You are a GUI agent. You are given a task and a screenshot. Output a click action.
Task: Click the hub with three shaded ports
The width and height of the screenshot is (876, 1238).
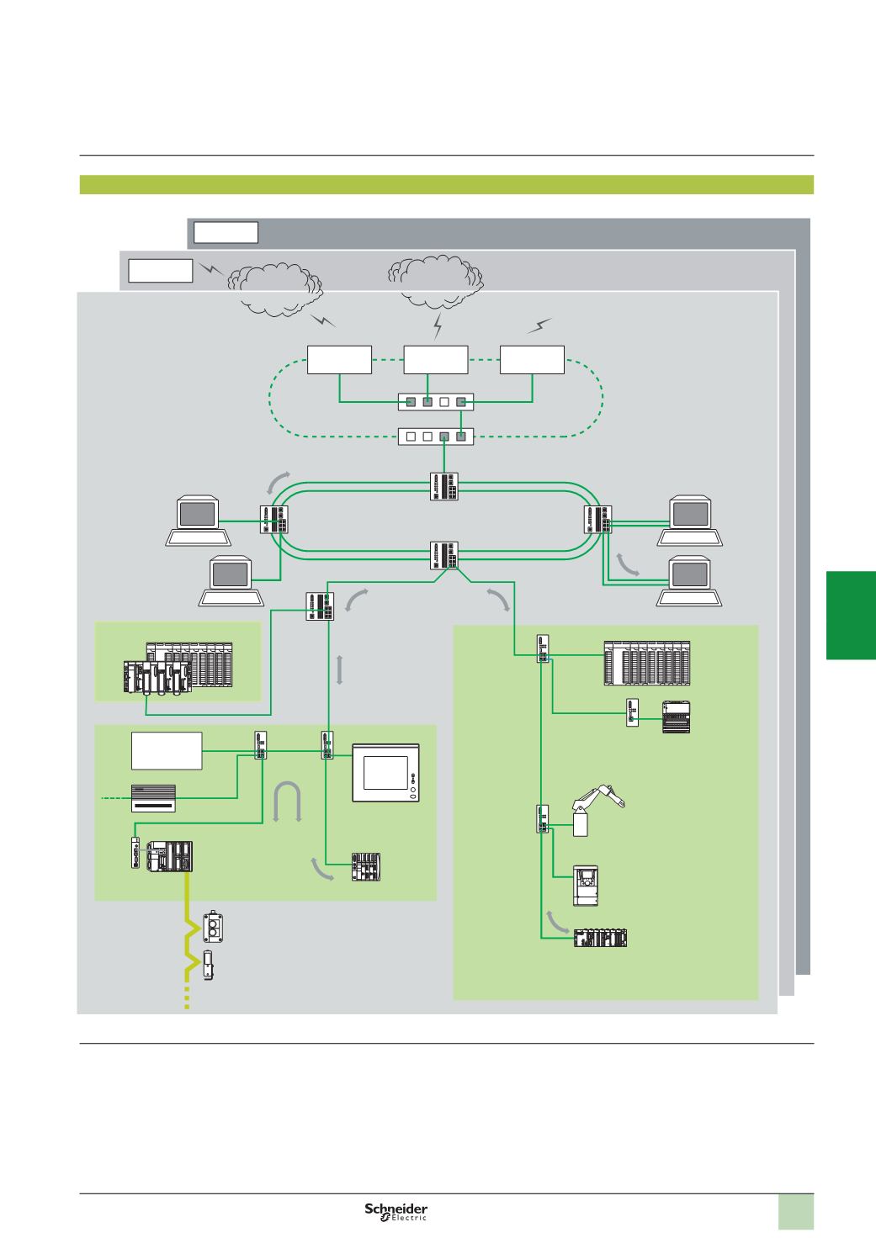coord(436,402)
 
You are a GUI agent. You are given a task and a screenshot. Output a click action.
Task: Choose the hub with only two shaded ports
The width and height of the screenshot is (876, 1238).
coord(436,436)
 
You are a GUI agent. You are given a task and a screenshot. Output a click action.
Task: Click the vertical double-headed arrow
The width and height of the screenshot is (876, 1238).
coord(338,671)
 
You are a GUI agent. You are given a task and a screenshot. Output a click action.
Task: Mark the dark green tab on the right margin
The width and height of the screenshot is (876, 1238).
coord(851,615)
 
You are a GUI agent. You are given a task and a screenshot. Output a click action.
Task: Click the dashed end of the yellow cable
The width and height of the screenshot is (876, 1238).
coord(187,1000)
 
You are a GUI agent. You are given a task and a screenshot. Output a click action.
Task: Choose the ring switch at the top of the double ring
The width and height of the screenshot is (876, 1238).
coord(443,485)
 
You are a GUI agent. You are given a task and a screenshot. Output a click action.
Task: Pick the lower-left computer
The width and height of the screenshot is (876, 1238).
coord(231,580)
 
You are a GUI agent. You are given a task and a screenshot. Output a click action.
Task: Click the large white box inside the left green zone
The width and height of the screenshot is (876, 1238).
coord(166,749)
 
